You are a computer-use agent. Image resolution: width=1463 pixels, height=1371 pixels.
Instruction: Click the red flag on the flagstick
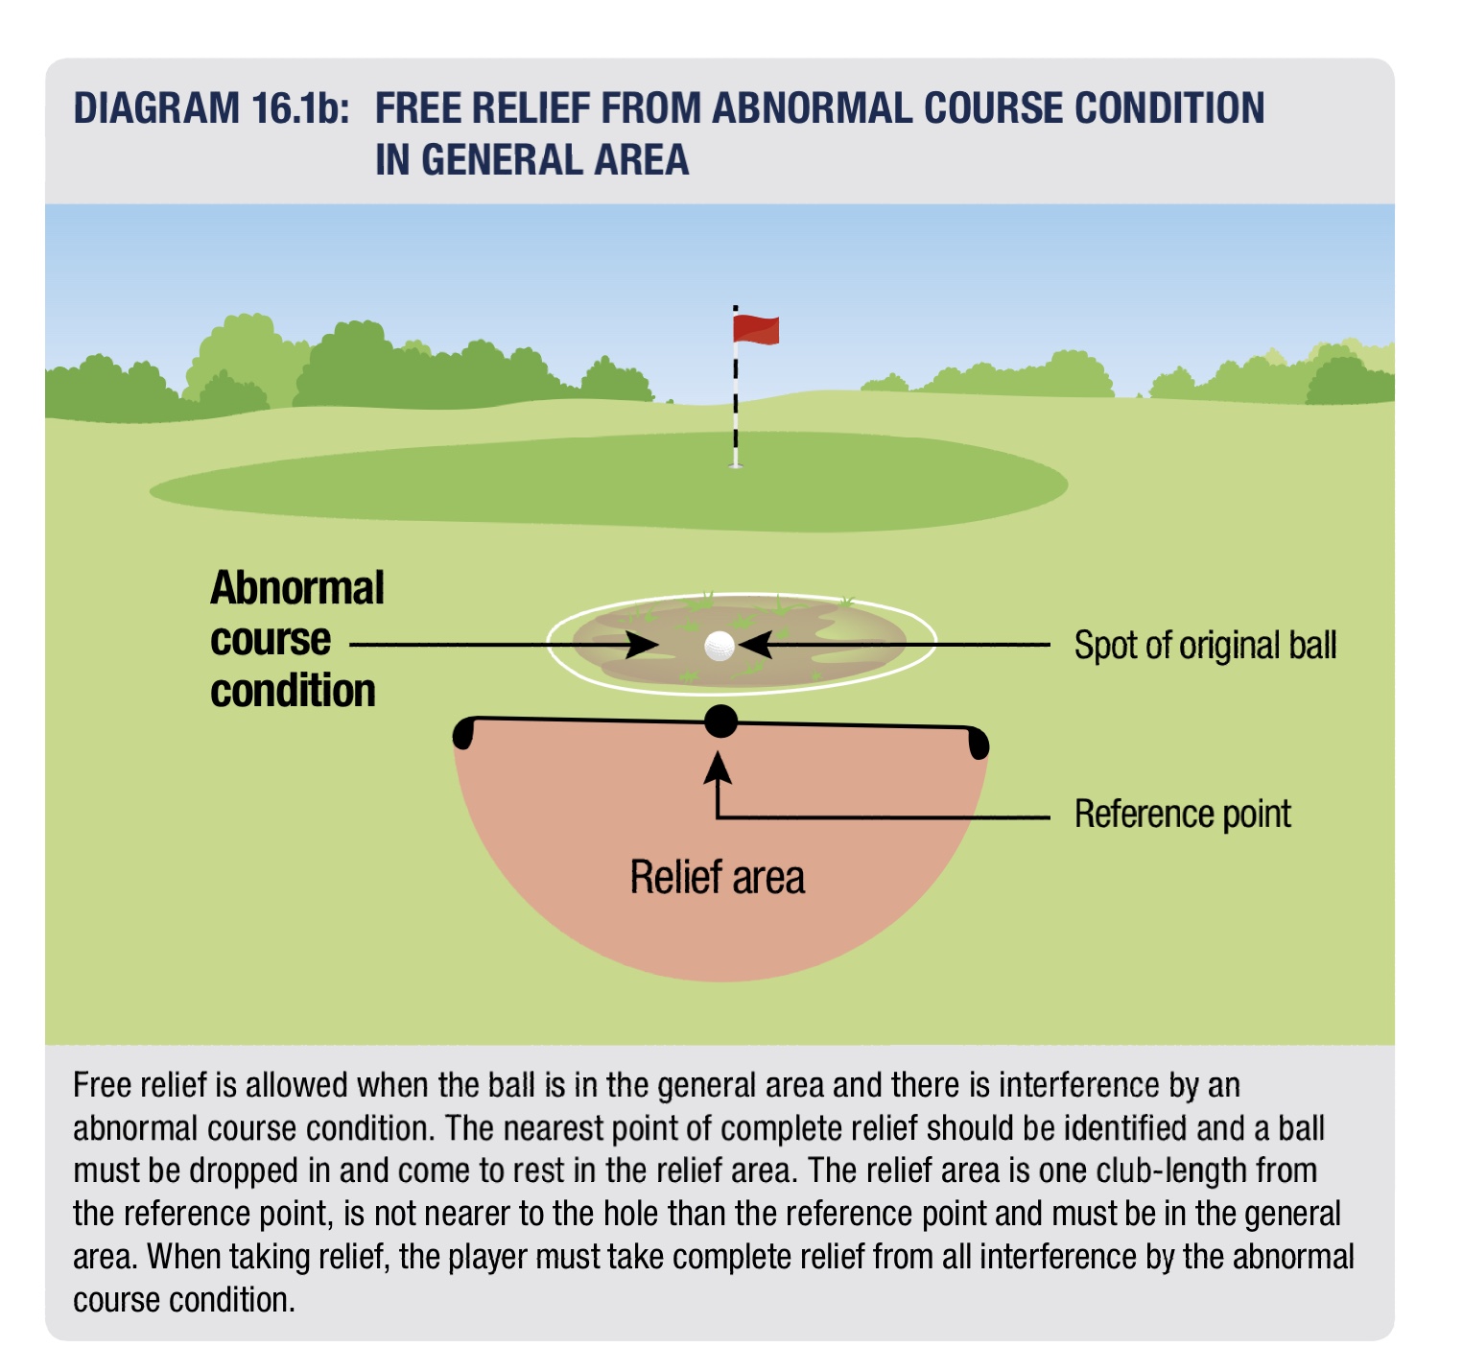756,329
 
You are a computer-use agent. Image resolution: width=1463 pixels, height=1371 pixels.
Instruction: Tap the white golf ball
719,646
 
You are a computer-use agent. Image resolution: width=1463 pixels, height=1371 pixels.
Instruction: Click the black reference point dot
720,721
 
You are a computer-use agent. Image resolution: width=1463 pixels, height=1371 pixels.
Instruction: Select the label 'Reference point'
1182,815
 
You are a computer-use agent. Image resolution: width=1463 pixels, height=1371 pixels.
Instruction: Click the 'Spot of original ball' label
1205,646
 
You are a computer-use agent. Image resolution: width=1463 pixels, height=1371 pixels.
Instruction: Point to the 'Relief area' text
717,878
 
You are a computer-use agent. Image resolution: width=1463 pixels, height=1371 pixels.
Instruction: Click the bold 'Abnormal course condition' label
295,639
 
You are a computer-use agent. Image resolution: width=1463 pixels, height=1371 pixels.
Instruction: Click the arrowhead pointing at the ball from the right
755,646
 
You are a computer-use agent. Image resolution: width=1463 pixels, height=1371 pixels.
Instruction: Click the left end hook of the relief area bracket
463,734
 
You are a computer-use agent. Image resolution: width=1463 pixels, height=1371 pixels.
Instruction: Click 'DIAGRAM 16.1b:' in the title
212,108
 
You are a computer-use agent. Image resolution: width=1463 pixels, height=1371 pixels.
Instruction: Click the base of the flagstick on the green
736,464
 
